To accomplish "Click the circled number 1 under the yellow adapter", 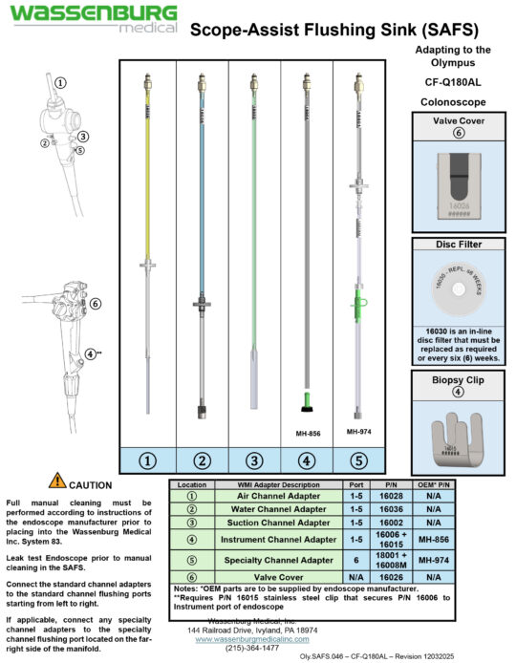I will click(148, 460).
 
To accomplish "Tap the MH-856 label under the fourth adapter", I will click(307, 431).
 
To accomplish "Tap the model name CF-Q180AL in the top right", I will click(454, 82).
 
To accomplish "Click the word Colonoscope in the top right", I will click(454, 100).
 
